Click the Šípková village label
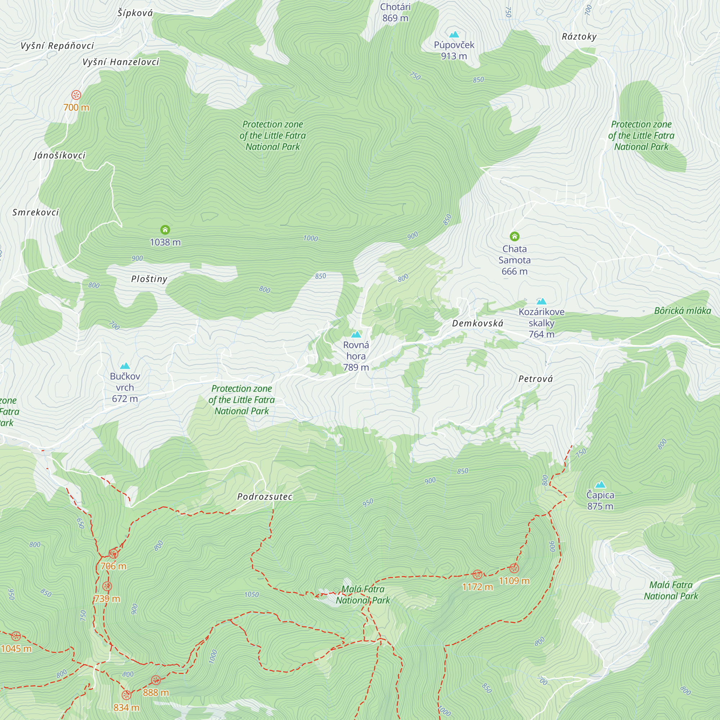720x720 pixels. (x=135, y=13)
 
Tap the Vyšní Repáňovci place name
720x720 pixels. (x=57, y=46)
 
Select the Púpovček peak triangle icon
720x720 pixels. (x=454, y=35)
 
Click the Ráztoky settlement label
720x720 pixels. (x=579, y=36)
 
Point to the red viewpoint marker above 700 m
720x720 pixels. (x=76, y=95)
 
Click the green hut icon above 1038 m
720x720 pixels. (x=165, y=230)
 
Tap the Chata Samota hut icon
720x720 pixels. (x=514, y=236)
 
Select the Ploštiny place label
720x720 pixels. (x=149, y=279)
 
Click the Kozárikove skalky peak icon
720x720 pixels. (x=541, y=301)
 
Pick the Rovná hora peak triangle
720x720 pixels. (x=356, y=334)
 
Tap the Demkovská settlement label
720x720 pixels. (x=477, y=324)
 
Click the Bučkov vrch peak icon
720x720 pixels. (x=125, y=366)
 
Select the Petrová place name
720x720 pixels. (x=536, y=379)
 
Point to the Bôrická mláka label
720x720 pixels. (x=682, y=311)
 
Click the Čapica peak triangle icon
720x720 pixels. (x=600, y=485)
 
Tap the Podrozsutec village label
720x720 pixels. (x=265, y=497)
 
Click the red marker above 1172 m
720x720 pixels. (x=477, y=574)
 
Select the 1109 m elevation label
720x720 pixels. (x=514, y=581)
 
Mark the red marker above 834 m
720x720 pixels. (x=126, y=695)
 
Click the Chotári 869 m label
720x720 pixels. (x=395, y=12)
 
